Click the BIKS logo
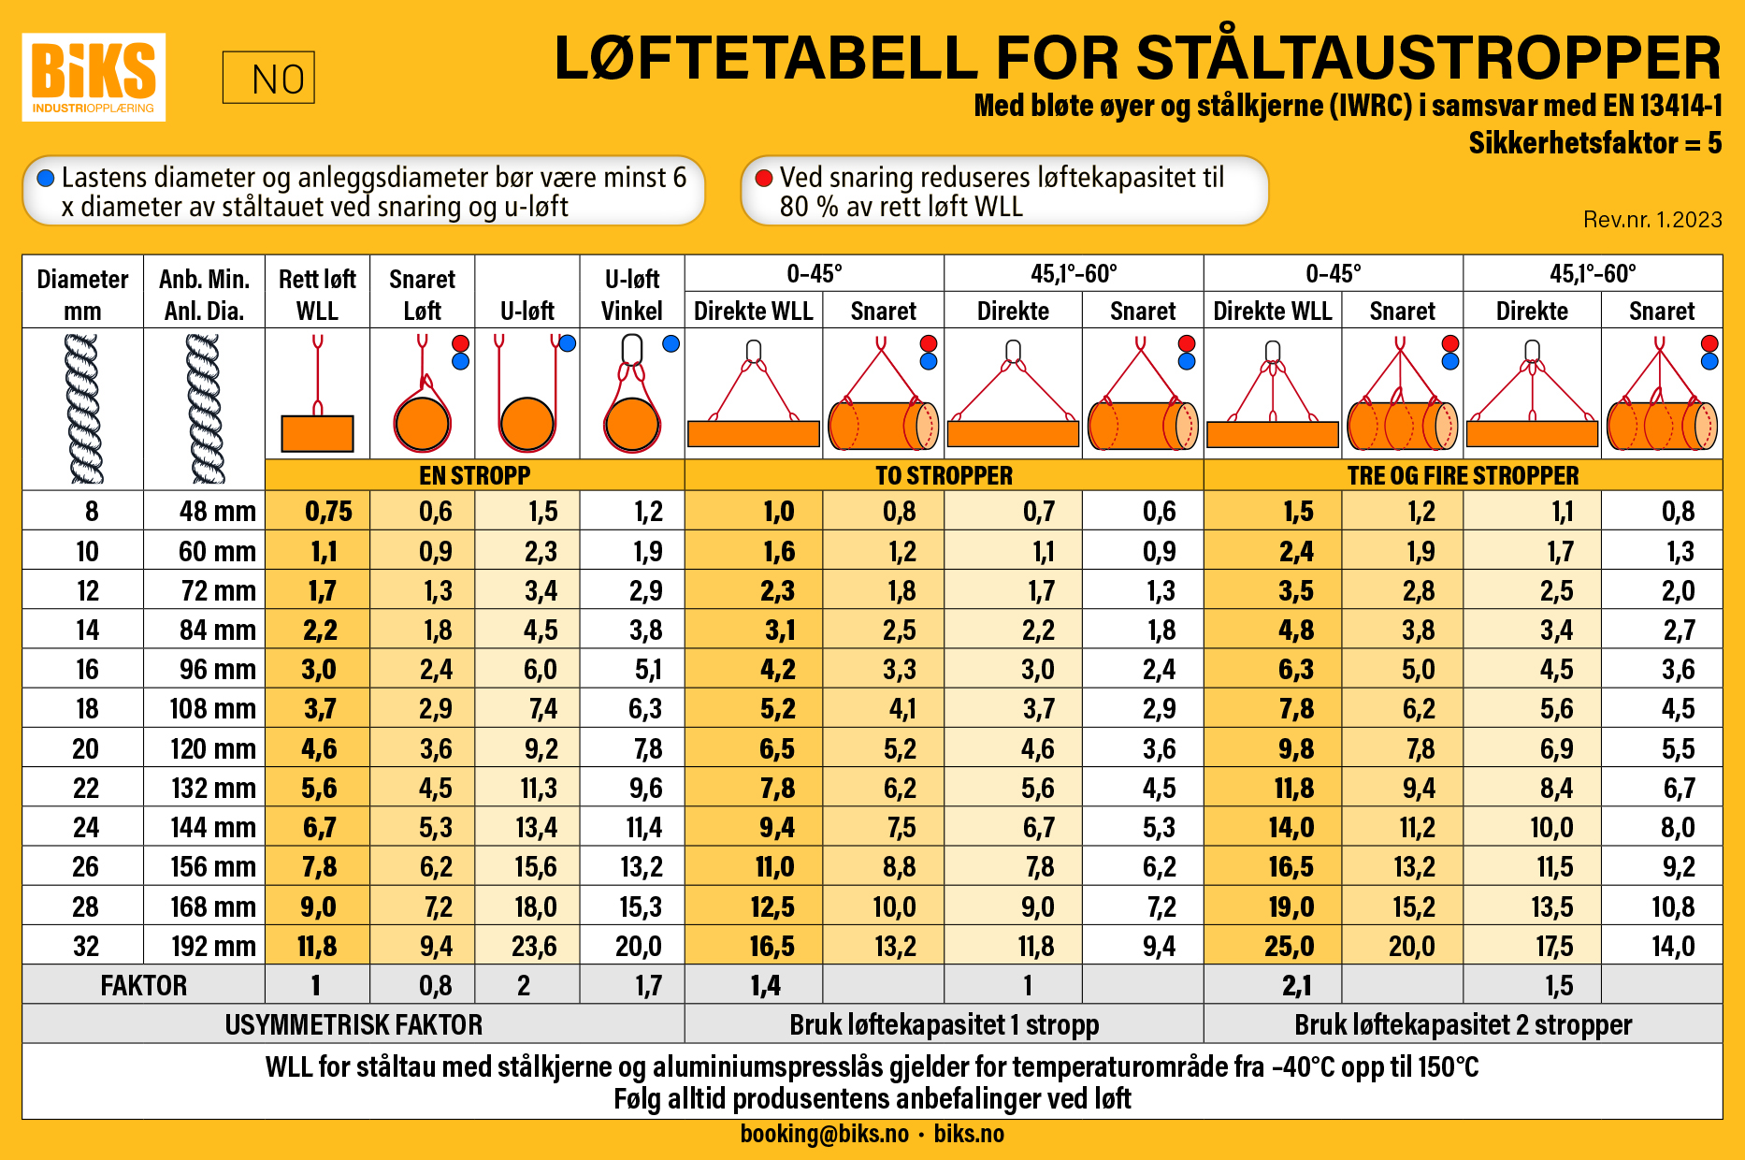(x=94, y=77)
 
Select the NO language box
(x=268, y=78)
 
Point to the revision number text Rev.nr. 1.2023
(x=1652, y=220)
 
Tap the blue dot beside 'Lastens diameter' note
(x=45, y=178)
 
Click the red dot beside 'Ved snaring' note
(x=764, y=178)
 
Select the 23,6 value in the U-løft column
(x=534, y=947)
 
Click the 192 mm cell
(x=213, y=947)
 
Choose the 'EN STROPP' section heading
(x=475, y=475)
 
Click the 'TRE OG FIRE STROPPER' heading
(x=1463, y=475)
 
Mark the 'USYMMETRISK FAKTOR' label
(x=353, y=1025)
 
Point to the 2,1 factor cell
(x=1297, y=986)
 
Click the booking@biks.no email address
(x=824, y=1134)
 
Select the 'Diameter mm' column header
(x=82, y=295)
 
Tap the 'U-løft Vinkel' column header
(x=632, y=295)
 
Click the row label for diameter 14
(x=87, y=631)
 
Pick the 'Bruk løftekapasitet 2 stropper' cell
(x=1463, y=1025)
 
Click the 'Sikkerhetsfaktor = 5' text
(x=1594, y=143)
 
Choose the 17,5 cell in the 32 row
(x=1554, y=947)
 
